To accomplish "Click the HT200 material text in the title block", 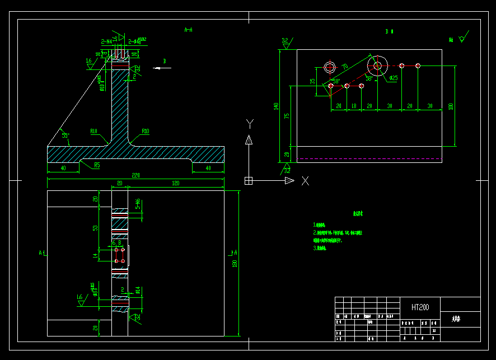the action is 420,307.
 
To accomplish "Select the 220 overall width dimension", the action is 135,175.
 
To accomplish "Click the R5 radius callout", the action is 97,165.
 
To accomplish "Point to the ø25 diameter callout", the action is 393,78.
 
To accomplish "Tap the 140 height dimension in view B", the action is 275,106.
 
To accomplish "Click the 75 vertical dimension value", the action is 287,116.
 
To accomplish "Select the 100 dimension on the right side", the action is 451,106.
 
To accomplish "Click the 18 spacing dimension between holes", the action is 354,106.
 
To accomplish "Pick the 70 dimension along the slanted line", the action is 345,67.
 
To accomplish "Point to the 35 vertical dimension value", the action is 312,82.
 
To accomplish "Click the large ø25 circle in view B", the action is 377,66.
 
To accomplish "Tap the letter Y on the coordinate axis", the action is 250,123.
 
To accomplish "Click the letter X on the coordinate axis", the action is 305,181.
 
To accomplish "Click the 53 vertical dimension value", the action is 95,228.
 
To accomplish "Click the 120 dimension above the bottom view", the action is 175,183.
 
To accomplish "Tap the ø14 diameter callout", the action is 138,290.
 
